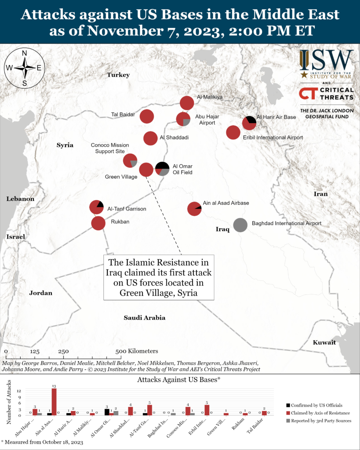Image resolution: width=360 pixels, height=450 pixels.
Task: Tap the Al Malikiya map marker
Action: point(187,103)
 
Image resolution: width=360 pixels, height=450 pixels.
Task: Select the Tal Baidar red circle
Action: point(147,116)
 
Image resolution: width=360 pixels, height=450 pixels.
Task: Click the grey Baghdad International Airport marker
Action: point(240,225)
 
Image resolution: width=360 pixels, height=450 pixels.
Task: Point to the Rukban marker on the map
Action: point(98,223)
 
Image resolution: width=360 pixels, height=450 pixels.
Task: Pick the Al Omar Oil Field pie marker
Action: point(162,169)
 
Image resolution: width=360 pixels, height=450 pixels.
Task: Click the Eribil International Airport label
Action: point(273,138)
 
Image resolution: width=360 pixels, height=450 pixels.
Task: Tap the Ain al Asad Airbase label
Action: point(226,203)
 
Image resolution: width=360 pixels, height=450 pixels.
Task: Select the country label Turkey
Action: point(119,75)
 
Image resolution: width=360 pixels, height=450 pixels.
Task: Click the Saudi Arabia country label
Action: point(144,318)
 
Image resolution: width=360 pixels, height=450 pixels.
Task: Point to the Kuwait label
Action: point(324,342)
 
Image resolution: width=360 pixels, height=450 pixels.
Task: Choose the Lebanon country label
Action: point(20,199)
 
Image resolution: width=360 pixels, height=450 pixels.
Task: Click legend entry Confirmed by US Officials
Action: point(315,405)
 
